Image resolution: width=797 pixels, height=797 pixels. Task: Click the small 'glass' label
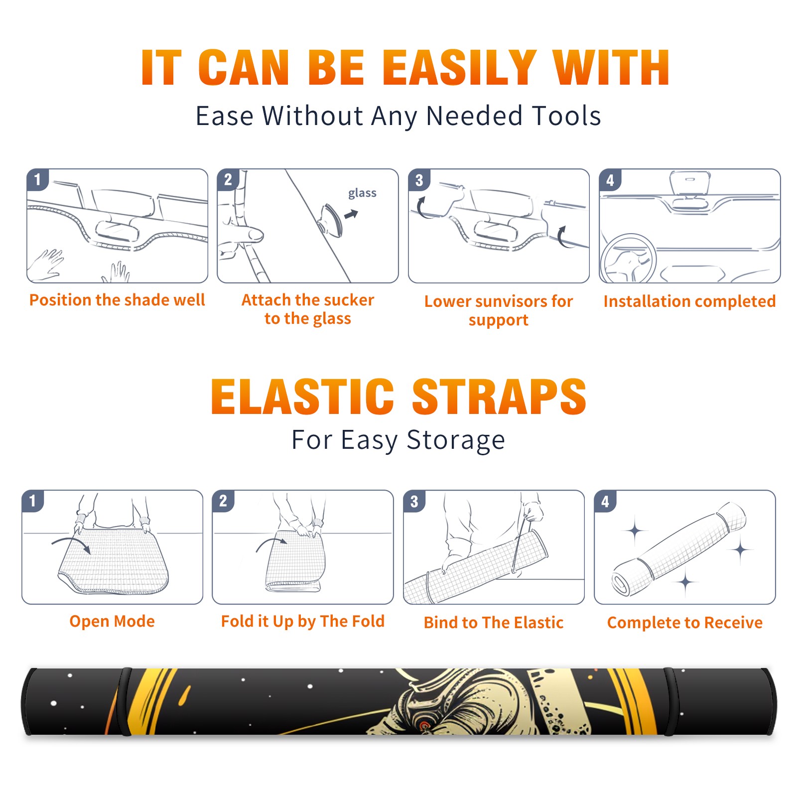click(362, 193)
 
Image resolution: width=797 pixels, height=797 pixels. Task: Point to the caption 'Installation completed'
click(689, 301)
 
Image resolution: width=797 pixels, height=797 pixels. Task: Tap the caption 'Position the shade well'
click(117, 300)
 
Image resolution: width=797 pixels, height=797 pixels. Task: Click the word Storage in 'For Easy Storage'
click(456, 440)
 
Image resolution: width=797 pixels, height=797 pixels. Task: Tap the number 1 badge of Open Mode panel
click(33, 501)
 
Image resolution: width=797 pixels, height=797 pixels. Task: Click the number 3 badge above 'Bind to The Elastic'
click(414, 501)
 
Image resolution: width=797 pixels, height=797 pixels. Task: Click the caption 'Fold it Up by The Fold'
click(303, 621)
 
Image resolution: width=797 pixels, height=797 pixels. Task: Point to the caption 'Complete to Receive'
click(685, 622)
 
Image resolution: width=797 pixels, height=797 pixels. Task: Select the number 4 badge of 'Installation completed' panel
click(610, 180)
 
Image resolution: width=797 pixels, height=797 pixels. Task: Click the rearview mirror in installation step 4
click(690, 184)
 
